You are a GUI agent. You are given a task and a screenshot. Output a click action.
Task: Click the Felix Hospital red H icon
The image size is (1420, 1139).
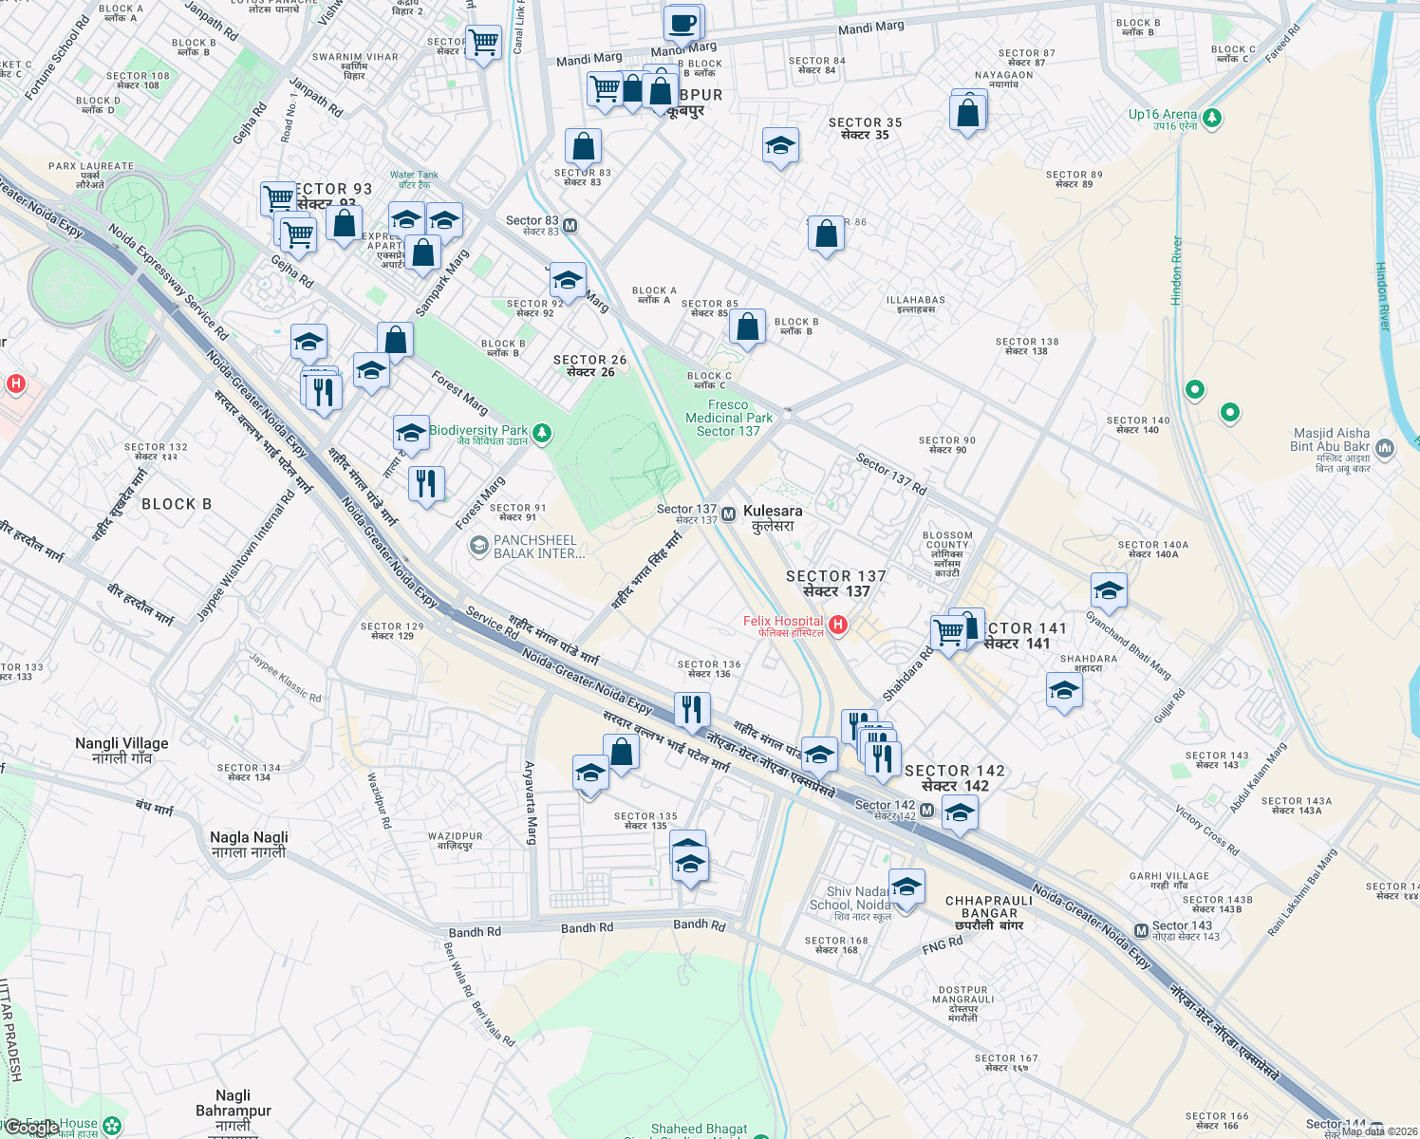(x=837, y=624)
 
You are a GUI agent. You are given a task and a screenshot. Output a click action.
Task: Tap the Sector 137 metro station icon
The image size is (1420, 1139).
(x=728, y=514)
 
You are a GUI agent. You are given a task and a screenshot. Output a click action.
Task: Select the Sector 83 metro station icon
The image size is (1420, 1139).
(x=570, y=226)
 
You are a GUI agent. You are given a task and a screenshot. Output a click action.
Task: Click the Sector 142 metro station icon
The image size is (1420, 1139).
(x=926, y=811)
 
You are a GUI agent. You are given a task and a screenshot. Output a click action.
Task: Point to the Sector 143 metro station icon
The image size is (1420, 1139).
(x=1141, y=930)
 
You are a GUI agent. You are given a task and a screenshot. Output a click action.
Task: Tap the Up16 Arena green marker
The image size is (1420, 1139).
(x=1211, y=119)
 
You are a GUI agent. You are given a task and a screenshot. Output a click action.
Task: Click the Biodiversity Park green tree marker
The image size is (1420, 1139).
(x=541, y=434)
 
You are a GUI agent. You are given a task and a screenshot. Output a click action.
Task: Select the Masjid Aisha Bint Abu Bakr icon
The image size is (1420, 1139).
(x=1384, y=447)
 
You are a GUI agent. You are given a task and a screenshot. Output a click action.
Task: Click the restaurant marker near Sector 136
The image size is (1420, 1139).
(x=692, y=708)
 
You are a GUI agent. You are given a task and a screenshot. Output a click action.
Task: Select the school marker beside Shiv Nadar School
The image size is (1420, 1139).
(x=906, y=887)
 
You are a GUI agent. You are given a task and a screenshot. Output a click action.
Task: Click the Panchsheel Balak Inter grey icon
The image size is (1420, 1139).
(x=479, y=546)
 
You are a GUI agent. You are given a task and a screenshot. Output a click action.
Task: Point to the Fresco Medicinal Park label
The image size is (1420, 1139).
(x=728, y=418)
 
